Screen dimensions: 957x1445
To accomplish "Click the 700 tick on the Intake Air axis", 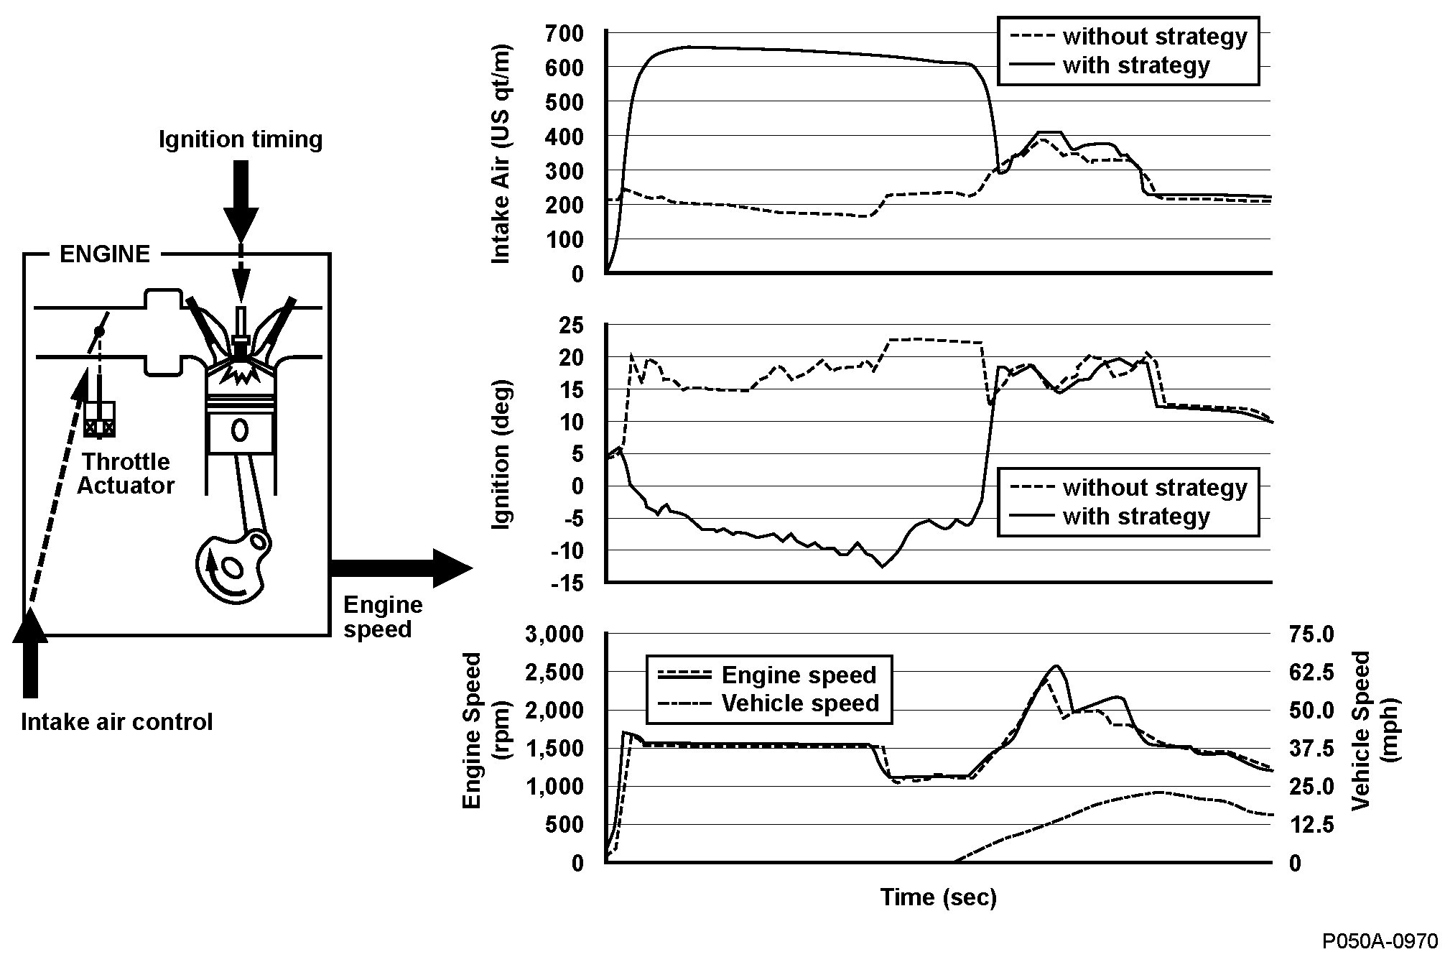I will tap(565, 33).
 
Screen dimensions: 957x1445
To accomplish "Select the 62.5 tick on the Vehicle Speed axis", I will tap(1311, 673).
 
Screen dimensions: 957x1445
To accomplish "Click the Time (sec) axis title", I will tap(938, 897).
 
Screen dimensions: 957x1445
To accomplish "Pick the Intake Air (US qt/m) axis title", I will tap(501, 154).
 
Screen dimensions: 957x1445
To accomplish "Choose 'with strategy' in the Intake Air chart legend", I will tap(1136, 66).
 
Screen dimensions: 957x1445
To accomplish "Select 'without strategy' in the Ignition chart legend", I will tap(1154, 488).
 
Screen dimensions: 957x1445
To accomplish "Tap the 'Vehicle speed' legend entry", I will tap(800, 703).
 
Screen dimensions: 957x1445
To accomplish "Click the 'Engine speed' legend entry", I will tap(799, 675).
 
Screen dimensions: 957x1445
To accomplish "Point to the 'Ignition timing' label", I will tap(241, 139).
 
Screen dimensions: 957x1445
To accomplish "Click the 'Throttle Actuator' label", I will tap(126, 473).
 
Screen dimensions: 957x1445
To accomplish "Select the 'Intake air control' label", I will tap(117, 721).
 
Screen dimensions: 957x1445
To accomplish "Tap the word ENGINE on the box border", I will tap(105, 254).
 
